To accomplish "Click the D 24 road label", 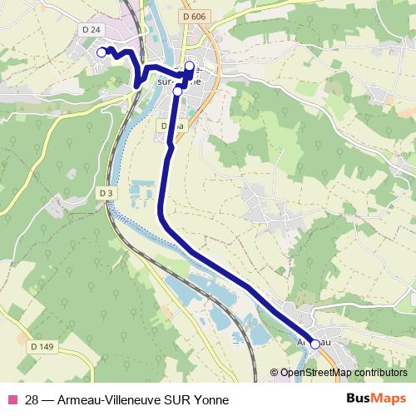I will [93, 30].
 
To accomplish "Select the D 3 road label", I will [105, 192].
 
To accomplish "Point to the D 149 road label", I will [41, 346].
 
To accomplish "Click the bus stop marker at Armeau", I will [314, 343].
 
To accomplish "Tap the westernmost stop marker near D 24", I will [102, 52].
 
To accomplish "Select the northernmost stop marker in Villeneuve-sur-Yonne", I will [189, 66].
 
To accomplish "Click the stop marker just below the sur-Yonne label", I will [177, 92].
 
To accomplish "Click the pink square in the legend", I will [12, 399].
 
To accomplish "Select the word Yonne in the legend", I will [210, 399].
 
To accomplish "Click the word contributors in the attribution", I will [380, 373].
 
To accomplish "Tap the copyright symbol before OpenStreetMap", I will [275, 373].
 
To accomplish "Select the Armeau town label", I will [308, 342].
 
